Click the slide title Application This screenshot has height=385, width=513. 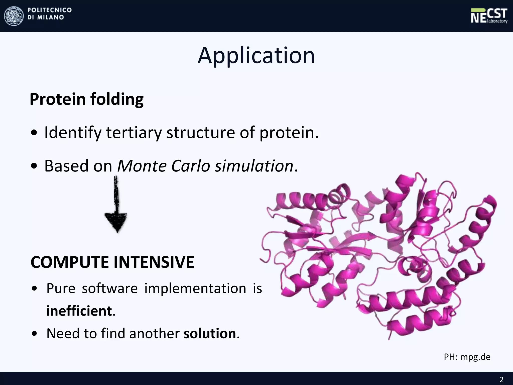click(256, 56)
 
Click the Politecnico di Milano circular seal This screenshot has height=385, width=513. click(14, 16)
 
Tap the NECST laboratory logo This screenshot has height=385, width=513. click(489, 16)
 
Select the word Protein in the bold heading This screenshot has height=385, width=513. click(58, 99)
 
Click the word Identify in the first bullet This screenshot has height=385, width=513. click(73, 133)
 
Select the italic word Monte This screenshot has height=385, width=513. click(142, 166)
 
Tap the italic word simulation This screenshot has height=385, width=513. click(254, 166)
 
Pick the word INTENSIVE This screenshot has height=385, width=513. click(154, 262)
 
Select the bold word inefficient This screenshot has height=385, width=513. click(79, 311)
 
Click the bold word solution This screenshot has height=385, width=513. click(210, 334)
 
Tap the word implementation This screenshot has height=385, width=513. click(195, 288)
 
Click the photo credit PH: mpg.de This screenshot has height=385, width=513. click(467, 357)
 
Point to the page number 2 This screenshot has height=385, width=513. click(501, 379)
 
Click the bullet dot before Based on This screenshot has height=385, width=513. click(34, 166)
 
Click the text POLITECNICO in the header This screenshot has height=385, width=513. click(50, 10)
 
